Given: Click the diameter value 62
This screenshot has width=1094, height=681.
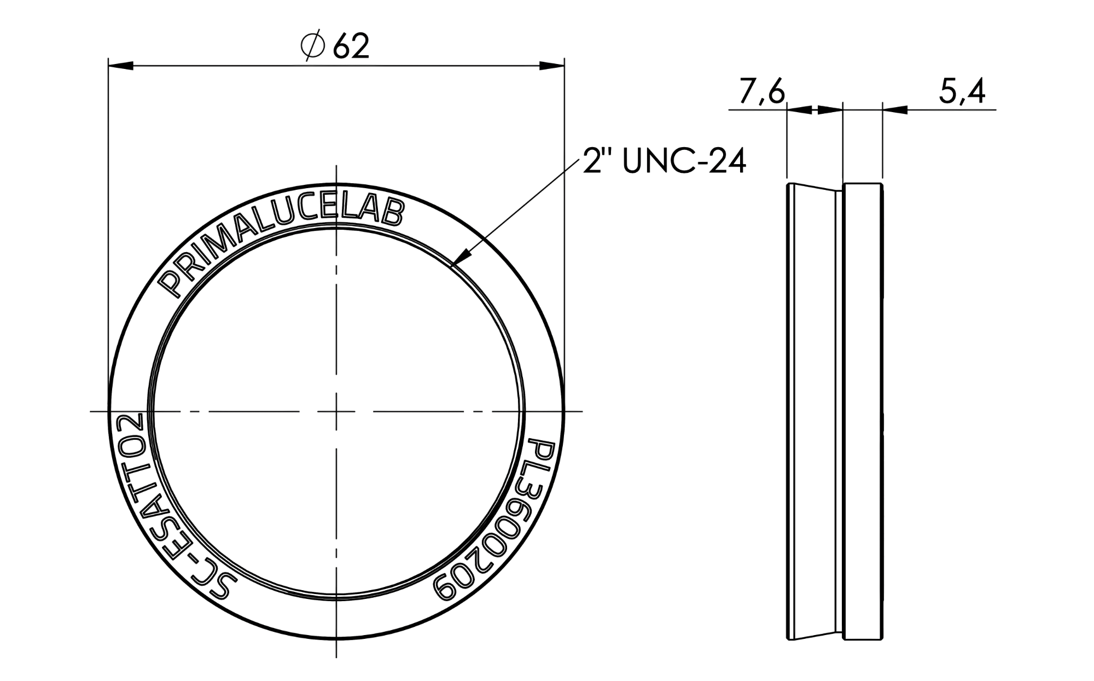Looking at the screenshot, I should (351, 46).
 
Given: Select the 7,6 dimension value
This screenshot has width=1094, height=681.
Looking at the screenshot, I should (762, 92).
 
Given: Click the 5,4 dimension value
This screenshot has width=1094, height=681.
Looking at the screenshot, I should (962, 92).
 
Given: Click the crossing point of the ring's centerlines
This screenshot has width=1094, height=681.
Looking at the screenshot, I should (336, 411).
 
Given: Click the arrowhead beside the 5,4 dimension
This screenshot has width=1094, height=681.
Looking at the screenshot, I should (895, 110).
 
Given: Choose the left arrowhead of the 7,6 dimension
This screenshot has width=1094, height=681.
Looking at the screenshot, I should (799, 110).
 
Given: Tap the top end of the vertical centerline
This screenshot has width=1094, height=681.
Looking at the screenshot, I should (336, 166).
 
